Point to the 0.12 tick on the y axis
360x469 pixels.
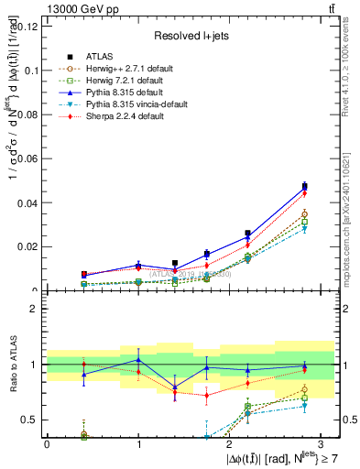tap(27, 26)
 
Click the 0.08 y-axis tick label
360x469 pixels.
tap(27, 115)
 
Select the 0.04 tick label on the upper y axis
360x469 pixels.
tap(27, 202)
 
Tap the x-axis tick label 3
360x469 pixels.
tap(321, 443)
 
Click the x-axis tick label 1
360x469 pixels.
tap(138, 443)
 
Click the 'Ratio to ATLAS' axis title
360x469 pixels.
tap(10, 365)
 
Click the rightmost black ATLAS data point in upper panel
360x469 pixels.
tap(305, 187)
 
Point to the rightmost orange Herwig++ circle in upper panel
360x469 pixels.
tap(305, 214)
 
